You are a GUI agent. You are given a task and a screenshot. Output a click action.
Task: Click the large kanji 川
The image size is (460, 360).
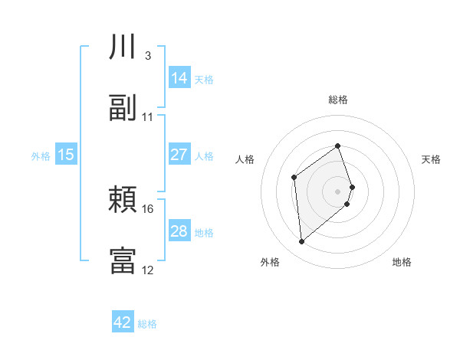(x=123, y=47)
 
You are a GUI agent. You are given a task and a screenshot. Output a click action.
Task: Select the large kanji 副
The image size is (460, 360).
(x=123, y=109)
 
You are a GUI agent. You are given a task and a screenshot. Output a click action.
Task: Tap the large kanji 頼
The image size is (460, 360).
(x=123, y=201)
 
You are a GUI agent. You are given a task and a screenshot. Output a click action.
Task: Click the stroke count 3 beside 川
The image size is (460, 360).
(x=147, y=56)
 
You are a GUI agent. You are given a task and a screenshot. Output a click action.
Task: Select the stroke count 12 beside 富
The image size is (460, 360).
(x=148, y=270)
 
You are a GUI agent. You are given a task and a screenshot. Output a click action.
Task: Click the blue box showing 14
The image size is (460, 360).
(x=179, y=78)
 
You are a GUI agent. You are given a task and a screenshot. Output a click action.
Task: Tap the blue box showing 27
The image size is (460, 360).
(x=179, y=155)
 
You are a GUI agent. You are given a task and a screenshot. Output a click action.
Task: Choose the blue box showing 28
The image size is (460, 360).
(x=179, y=231)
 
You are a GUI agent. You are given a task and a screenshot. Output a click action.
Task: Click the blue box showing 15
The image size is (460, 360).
(x=66, y=155)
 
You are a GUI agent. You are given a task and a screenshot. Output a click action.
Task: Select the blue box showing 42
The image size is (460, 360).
(x=123, y=322)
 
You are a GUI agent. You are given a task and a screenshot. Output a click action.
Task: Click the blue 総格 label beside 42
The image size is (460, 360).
(x=148, y=324)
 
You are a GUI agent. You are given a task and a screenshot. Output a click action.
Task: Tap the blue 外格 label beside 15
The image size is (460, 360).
(x=41, y=156)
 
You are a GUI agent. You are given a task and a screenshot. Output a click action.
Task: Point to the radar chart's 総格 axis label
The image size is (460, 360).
(x=338, y=100)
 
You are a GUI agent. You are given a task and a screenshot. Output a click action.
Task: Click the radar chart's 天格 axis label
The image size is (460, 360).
(x=432, y=159)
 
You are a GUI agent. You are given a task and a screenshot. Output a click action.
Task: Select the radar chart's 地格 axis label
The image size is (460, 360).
(x=402, y=262)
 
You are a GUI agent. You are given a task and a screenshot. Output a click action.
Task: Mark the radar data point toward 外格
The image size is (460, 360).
(x=302, y=242)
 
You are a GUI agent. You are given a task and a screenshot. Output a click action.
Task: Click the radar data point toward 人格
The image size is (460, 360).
(x=294, y=178)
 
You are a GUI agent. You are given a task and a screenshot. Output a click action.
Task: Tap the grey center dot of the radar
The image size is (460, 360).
(x=338, y=191)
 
